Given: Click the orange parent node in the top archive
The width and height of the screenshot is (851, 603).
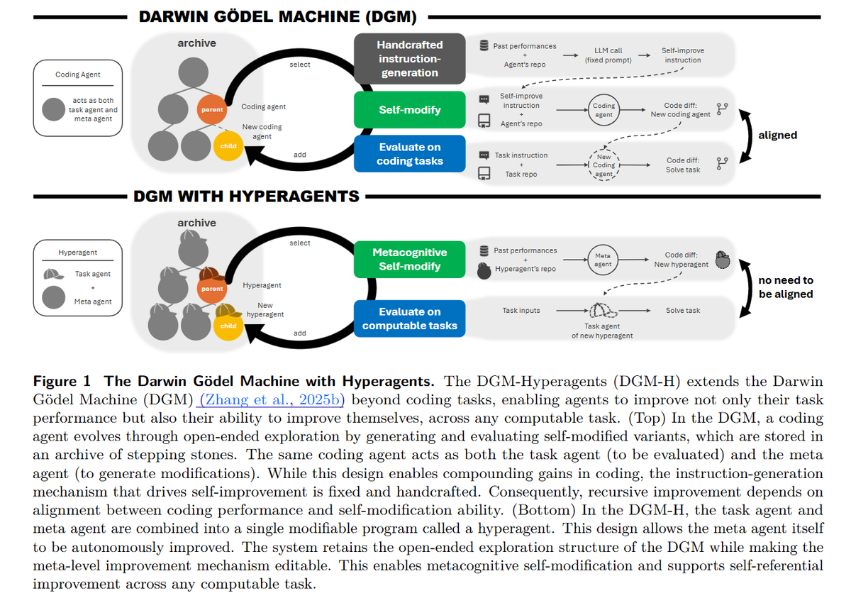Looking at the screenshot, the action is pyautogui.click(x=212, y=109).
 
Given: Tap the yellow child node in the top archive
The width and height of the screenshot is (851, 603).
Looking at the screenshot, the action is pyautogui.click(x=228, y=146).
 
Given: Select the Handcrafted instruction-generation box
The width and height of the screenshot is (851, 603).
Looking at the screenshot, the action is pyautogui.click(x=410, y=58).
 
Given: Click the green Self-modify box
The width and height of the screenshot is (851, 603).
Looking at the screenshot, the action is pyautogui.click(x=410, y=110).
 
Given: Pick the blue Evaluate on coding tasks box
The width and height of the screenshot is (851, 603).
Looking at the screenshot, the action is pyautogui.click(x=410, y=153).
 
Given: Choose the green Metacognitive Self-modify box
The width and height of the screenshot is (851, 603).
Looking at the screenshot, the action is pyautogui.click(x=410, y=259).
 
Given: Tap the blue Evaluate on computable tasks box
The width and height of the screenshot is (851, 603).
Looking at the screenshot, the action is pyautogui.click(x=410, y=319).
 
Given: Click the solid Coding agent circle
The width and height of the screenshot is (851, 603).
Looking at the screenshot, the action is pyautogui.click(x=604, y=110).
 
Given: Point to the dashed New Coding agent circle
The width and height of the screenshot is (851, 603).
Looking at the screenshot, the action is pyautogui.click(x=604, y=165).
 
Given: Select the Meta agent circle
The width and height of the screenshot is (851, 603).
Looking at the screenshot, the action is pyautogui.click(x=603, y=260).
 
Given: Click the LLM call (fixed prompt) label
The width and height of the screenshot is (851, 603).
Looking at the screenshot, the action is pyautogui.click(x=608, y=55).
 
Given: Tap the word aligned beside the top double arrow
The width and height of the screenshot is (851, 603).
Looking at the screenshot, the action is pyautogui.click(x=778, y=135).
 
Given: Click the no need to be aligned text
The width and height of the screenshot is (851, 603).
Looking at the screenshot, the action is pyautogui.click(x=786, y=287).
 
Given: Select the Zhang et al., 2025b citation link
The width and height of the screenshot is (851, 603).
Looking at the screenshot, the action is pyautogui.click(x=270, y=399).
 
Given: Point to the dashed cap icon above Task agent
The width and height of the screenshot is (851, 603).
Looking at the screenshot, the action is pyautogui.click(x=603, y=311).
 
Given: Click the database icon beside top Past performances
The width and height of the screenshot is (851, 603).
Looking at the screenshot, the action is pyautogui.click(x=484, y=45).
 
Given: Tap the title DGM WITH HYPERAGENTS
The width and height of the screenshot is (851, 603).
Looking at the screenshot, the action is pyautogui.click(x=246, y=197).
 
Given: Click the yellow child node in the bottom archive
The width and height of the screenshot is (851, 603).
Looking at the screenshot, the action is pyautogui.click(x=228, y=326).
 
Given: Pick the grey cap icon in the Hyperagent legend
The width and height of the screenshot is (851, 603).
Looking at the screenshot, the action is pyautogui.click(x=53, y=274).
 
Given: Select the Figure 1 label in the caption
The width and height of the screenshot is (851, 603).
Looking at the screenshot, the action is pyautogui.click(x=62, y=381).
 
